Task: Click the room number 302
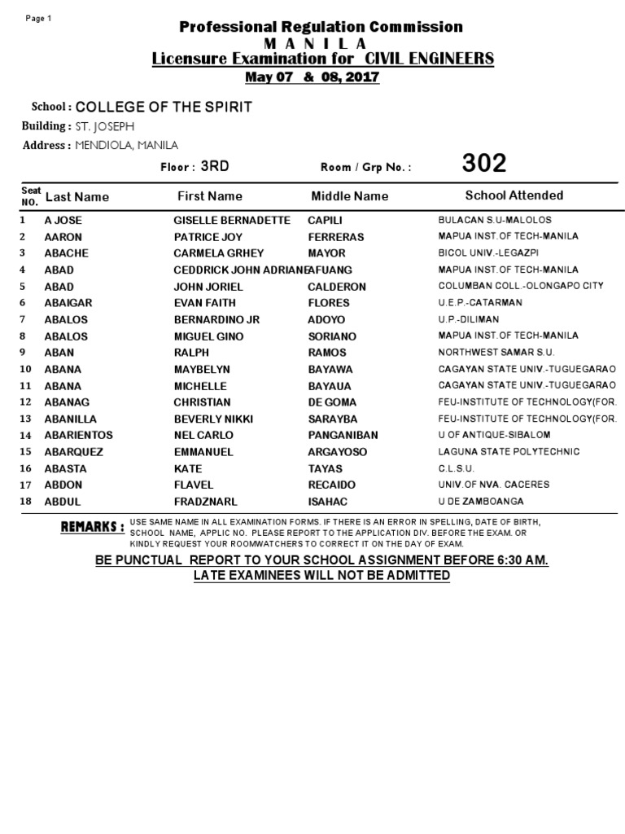pyautogui.click(x=484, y=164)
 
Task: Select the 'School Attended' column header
pyautogui.click(x=514, y=195)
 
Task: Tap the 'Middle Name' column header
pyautogui.click(x=350, y=196)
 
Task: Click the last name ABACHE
pyautogui.click(x=66, y=253)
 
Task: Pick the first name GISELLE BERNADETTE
pyautogui.click(x=232, y=220)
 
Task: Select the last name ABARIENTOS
pyautogui.click(x=78, y=436)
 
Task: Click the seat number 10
pyautogui.click(x=25, y=370)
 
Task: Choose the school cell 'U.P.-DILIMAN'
pyautogui.click(x=469, y=319)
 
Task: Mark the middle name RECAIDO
pyautogui.click(x=332, y=485)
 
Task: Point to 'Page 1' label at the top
pyautogui.click(x=38, y=19)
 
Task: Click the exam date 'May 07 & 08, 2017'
pyautogui.click(x=313, y=77)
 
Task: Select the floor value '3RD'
pyautogui.click(x=215, y=166)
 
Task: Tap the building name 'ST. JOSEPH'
pyautogui.click(x=105, y=126)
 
